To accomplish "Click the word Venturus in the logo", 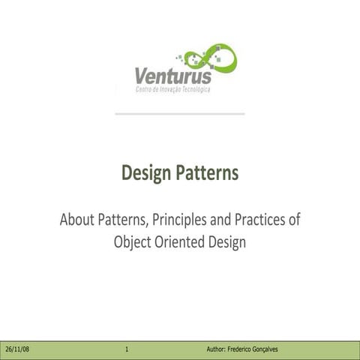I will (x=173, y=76).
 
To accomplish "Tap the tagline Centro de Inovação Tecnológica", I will (x=172, y=90).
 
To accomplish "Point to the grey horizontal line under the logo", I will (x=180, y=114).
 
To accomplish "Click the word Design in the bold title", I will (x=146, y=174).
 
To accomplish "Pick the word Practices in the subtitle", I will (x=259, y=221).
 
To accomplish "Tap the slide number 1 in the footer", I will (x=127, y=350).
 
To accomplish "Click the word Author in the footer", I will (x=219, y=350).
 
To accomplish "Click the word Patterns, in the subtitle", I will (x=123, y=221).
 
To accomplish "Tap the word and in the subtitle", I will (x=223, y=221).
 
